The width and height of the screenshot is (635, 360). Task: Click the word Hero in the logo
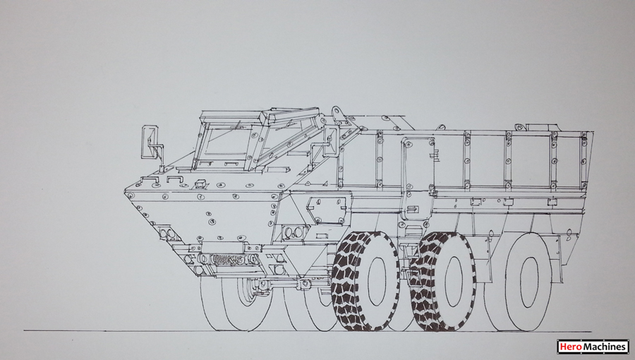click(568, 347)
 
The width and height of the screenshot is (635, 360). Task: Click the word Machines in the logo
click(603, 347)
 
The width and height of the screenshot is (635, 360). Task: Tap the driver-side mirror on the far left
click(150, 141)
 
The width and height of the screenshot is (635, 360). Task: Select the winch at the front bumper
click(229, 259)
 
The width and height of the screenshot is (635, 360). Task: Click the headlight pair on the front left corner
click(167, 233)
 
